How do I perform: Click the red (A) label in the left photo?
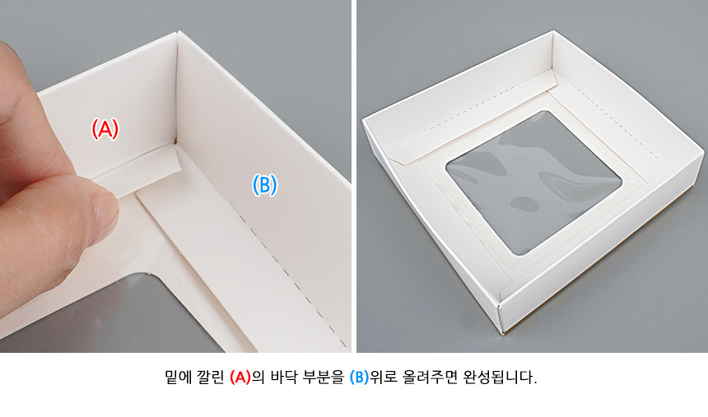coord(105,128)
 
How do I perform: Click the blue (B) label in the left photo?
coord(264,184)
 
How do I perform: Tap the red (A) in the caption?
coord(240,377)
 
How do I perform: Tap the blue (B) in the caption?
coord(360,377)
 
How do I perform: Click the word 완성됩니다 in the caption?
coord(500,377)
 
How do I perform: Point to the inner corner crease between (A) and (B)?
coord(176,90)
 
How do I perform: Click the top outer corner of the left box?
coord(178,31)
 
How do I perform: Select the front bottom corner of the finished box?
coord(501,333)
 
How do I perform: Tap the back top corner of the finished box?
coord(552,31)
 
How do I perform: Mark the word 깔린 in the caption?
coord(211,377)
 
